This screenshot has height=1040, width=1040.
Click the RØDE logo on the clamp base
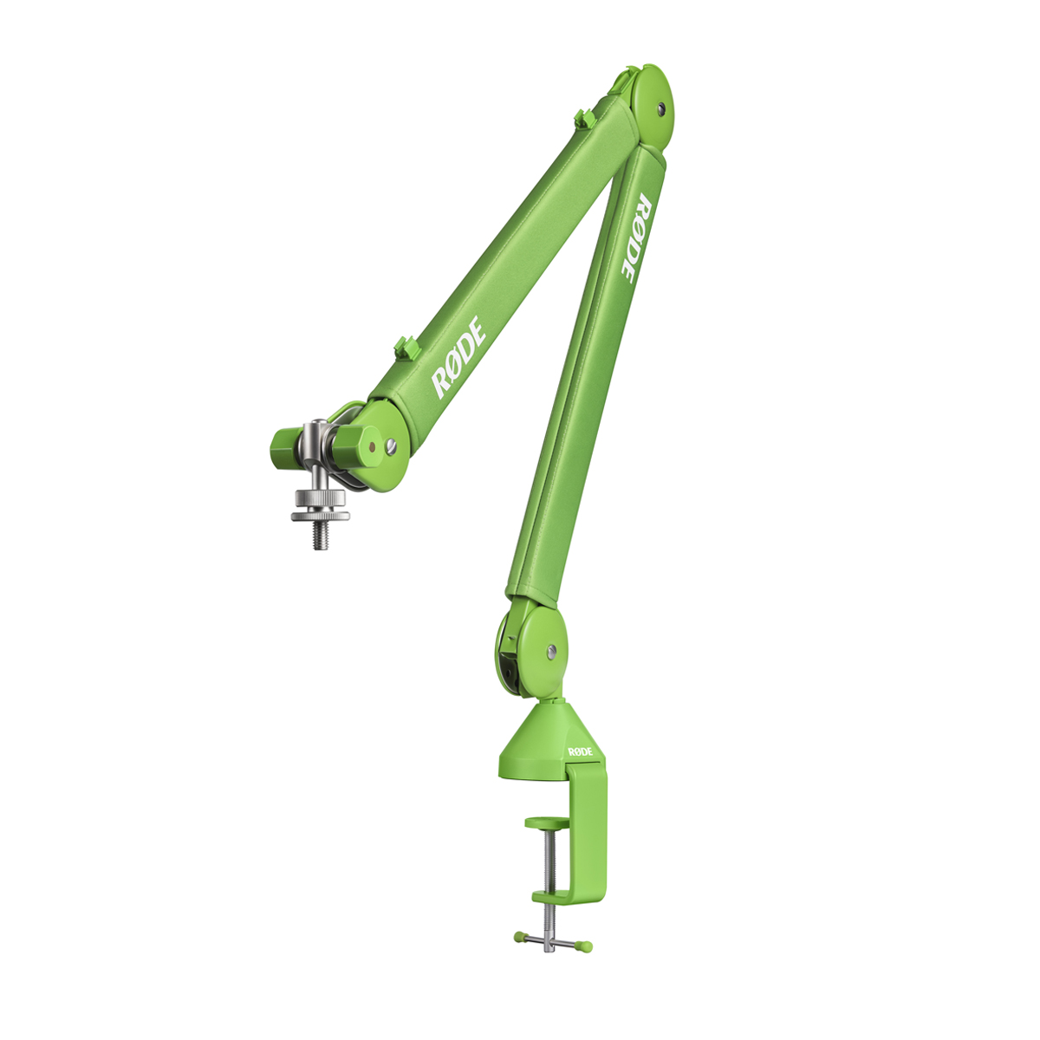click(580, 751)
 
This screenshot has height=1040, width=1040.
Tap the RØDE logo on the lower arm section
click(636, 237)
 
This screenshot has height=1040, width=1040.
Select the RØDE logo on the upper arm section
click(458, 357)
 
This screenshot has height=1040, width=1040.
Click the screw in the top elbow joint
click(661, 108)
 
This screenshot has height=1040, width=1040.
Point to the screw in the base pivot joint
click(551, 652)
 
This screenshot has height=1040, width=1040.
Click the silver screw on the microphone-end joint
click(391, 445)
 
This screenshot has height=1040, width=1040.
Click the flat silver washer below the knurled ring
click(320, 517)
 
